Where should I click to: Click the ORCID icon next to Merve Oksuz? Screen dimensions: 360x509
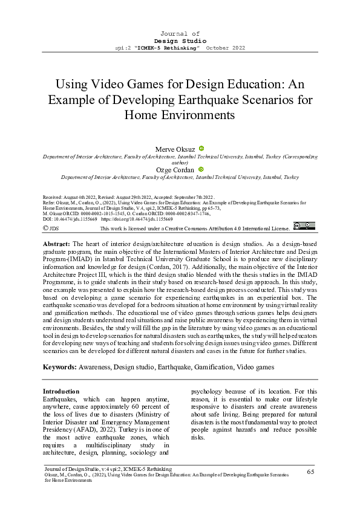tap(201, 148)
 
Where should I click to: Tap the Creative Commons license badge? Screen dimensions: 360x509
tap(303, 226)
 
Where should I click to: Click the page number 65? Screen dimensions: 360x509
tap(311, 472)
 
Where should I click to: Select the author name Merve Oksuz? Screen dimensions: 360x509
tap(176, 149)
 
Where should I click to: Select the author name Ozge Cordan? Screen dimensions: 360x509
tap(175, 170)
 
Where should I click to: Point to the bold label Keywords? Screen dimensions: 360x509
tap(59, 367)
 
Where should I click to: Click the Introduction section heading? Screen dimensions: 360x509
tap(61, 392)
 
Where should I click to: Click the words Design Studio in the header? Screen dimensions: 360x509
tap(180, 40)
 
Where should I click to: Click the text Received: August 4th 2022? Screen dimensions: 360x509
tap(68, 198)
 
